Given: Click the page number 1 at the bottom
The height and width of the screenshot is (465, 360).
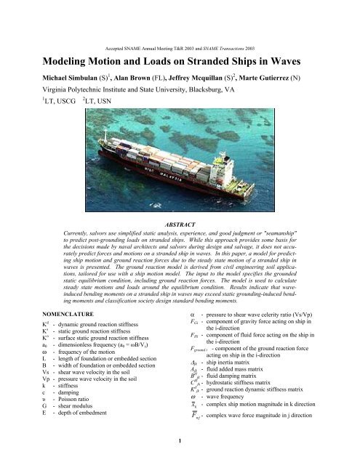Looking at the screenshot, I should (x=180, y=458).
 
